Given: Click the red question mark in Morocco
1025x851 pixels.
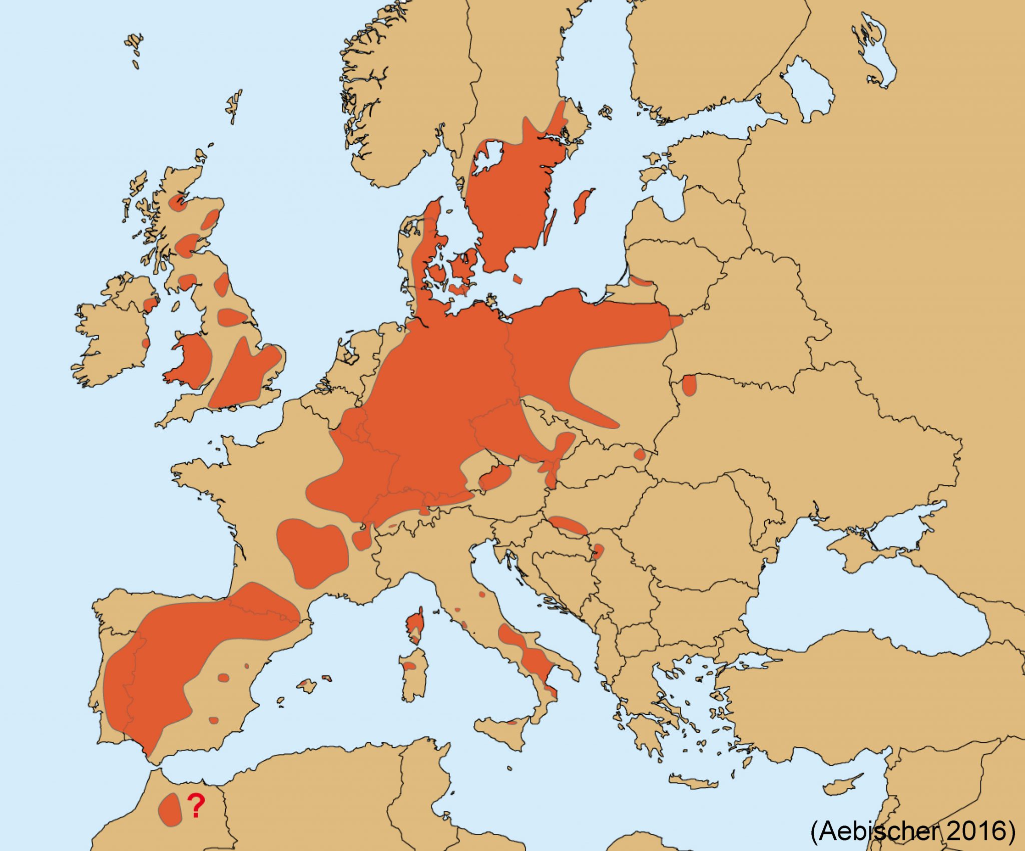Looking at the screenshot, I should pos(196,805).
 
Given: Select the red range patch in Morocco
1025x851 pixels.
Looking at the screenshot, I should pos(170,809).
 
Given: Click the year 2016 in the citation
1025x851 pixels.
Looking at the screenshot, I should pos(978,831).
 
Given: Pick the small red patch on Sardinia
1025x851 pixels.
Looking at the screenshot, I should pos(409,666).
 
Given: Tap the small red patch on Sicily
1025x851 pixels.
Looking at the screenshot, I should pos(511,723).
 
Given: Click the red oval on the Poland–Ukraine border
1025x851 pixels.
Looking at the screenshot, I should pos(689,385).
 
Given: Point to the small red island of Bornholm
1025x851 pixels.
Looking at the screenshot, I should pos(518,278).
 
